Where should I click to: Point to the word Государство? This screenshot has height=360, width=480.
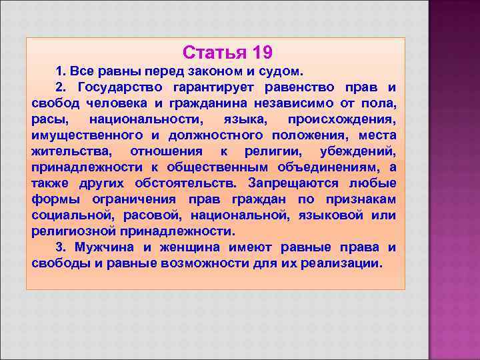[117, 88]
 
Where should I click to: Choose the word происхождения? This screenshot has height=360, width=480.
[341, 120]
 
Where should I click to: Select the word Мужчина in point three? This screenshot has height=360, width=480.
[107, 247]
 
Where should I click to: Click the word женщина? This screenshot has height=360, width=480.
[191, 247]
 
